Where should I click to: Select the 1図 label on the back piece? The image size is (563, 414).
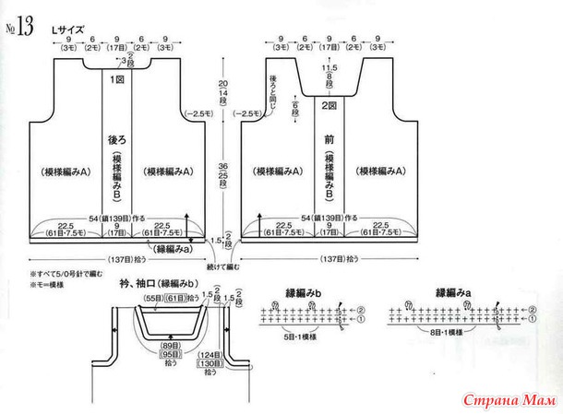tap(118, 81)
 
